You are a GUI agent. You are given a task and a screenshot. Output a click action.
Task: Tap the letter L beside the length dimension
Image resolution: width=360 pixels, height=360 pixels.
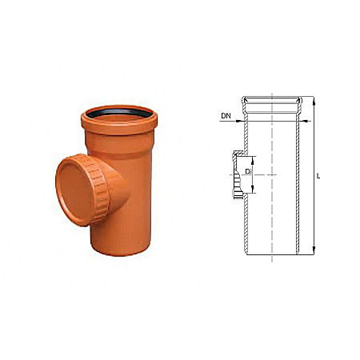(318, 176)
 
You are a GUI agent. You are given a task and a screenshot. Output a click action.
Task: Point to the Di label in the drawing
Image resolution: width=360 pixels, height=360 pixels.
(249, 172)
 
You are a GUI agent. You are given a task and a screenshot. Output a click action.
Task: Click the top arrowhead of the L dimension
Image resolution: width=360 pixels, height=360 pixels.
(313, 99)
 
